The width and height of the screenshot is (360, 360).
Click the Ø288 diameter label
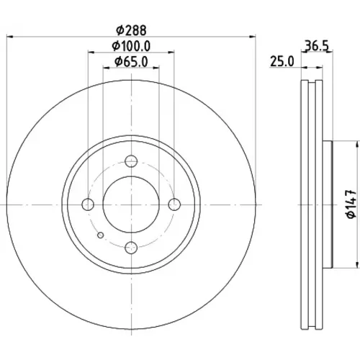point(131,30)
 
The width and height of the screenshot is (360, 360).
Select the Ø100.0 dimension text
point(131,46)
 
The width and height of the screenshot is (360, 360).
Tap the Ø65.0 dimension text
point(131,62)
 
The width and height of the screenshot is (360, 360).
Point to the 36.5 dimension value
point(316,45)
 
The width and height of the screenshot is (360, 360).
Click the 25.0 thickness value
point(282,61)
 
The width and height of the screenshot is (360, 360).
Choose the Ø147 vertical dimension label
point(351,204)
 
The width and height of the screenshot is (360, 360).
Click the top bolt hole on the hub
point(131,161)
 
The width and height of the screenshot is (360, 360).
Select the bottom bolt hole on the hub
point(131,248)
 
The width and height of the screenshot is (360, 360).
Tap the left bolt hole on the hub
point(88,204)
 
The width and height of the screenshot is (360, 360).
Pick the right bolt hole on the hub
point(174,204)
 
